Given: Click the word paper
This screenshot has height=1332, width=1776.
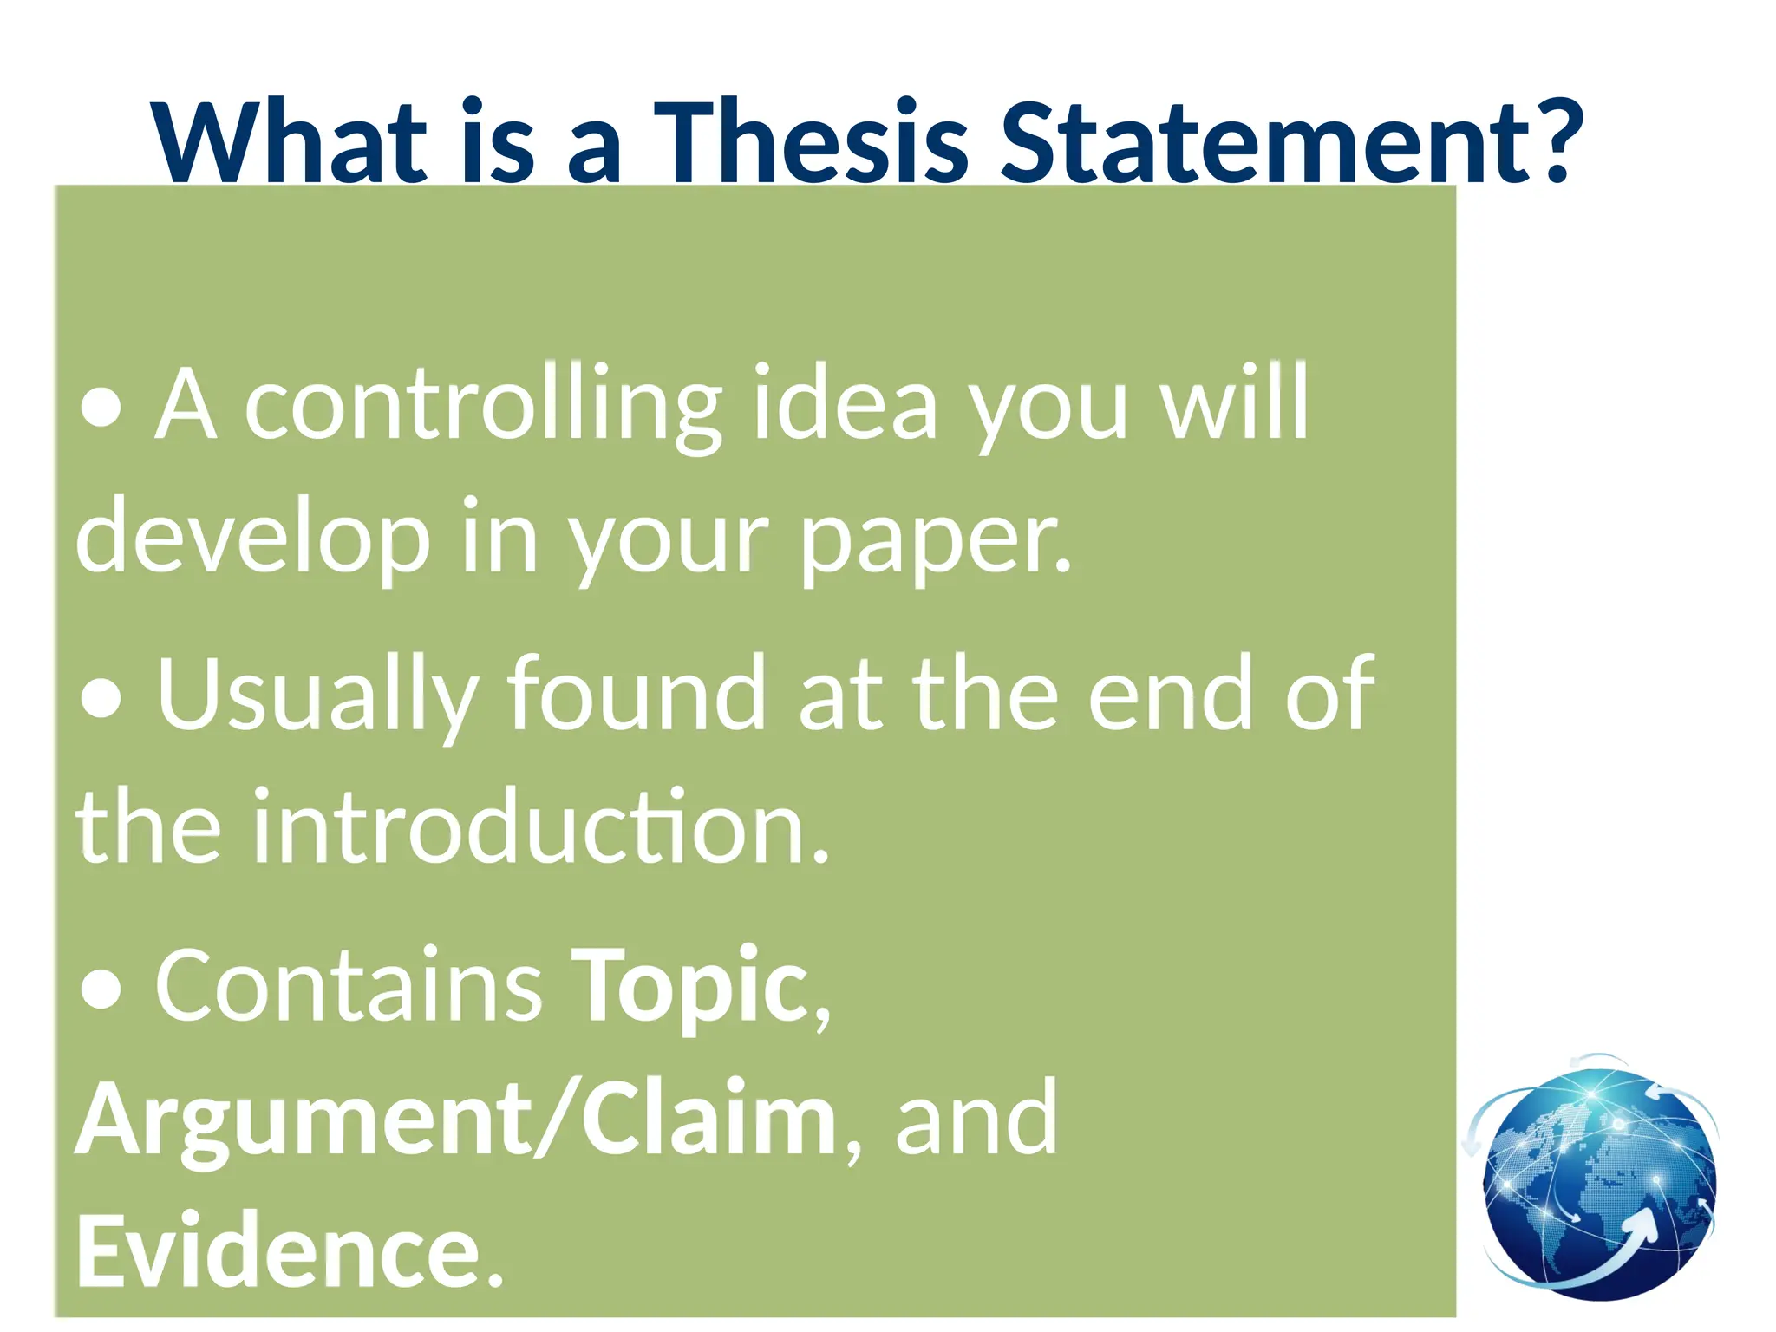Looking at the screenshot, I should pos(932,542).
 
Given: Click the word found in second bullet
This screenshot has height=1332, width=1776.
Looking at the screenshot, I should pos(637,694).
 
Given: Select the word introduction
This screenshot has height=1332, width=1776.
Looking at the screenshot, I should pos(538,827).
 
